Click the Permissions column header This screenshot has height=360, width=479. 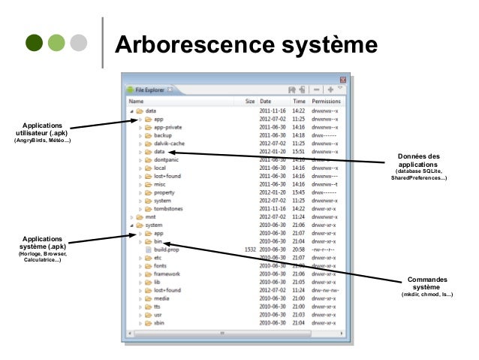326,101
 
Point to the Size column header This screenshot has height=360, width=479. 250,101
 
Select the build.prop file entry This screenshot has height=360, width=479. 166,249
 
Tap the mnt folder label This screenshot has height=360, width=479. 151,216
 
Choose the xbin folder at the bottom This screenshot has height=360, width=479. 159,322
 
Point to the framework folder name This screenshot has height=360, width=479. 167,274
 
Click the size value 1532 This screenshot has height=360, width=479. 251,249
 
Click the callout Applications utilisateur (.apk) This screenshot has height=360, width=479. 44,129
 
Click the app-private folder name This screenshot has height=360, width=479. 167,127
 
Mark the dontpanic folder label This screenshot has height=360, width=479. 167,159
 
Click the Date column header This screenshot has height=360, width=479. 266,101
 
